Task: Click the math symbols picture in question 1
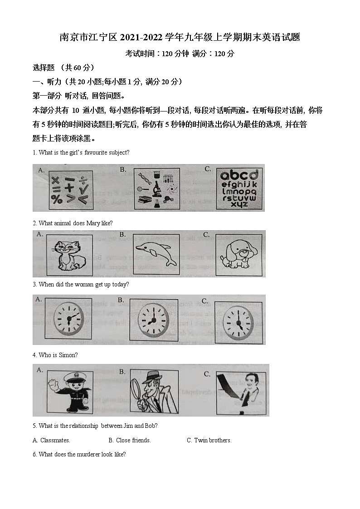click(x=70, y=190)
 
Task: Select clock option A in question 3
click(x=68, y=319)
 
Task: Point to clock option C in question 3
click(x=238, y=320)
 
